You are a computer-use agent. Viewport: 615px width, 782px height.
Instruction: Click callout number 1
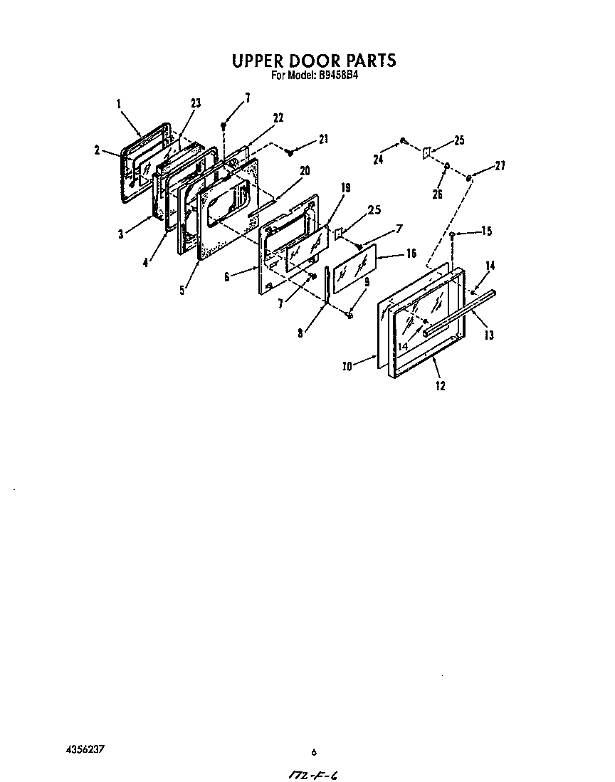click(x=118, y=104)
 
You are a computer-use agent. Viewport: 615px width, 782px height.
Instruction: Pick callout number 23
click(x=196, y=103)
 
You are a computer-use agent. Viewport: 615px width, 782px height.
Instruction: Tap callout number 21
click(x=324, y=139)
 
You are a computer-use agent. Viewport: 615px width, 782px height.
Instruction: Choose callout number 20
click(x=305, y=170)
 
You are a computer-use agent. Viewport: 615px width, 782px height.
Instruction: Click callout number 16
click(x=411, y=254)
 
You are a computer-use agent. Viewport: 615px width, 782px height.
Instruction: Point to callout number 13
click(x=489, y=335)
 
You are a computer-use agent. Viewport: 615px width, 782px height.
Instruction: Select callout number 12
click(x=440, y=385)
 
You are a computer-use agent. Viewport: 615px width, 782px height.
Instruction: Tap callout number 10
click(x=347, y=367)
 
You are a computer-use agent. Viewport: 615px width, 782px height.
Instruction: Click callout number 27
click(x=500, y=167)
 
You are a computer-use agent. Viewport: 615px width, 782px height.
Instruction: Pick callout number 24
click(x=378, y=160)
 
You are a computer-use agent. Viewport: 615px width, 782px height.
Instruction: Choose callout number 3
click(x=121, y=234)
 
